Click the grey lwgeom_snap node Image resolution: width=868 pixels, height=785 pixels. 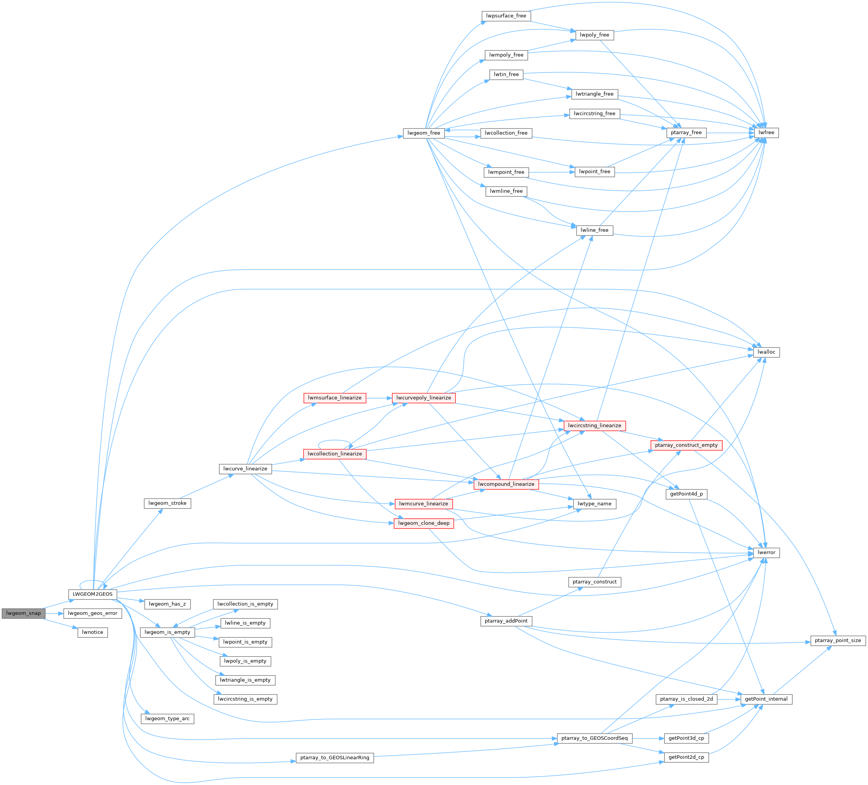pos(23,613)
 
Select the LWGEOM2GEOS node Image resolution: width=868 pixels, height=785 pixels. pos(93,594)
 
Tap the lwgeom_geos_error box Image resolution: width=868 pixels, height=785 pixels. pos(93,613)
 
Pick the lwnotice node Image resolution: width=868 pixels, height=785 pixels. pos(93,632)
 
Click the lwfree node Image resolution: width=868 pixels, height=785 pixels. pos(766,133)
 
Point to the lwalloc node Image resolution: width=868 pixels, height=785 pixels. pos(766,352)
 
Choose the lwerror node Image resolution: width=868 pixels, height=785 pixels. pos(766,553)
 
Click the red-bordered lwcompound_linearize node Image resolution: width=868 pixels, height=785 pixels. pos(506,484)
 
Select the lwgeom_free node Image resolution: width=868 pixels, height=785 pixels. pos(424,133)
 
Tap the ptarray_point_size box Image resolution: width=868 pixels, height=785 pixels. pos(838,640)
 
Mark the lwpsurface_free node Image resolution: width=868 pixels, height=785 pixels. pos(506,16)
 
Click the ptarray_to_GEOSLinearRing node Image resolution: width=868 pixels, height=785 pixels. pos(335,758)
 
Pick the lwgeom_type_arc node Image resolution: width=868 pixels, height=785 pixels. pos(167,719)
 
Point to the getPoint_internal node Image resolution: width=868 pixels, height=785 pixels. pos(766,699)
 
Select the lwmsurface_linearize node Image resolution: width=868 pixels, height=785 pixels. pos(335,398)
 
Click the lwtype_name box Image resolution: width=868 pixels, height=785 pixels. pos(594,504)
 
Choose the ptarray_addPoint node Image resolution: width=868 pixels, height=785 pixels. pos(506,621)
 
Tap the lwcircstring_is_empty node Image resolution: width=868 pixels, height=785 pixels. pos(245,699)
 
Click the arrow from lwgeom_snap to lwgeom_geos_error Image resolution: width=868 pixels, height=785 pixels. pos(54,613)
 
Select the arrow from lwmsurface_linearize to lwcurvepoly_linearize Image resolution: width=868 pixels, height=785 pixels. pos(379,398)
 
